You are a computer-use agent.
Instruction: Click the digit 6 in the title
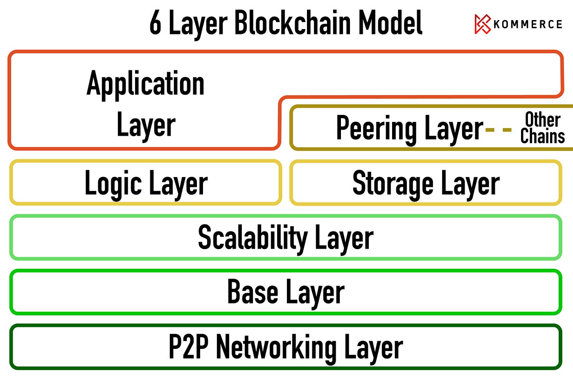click(155, 23)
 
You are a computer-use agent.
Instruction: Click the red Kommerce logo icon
click(483, 24)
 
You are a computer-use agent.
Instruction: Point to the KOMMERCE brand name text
click(528, 25)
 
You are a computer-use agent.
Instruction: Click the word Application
click(145, 84)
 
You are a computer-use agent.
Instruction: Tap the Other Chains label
click(543, 128)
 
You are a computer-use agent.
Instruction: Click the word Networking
click(276, 347)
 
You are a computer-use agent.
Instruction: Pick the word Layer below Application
click(146, 126)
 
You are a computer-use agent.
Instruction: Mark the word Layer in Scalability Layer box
click(344, 238)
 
